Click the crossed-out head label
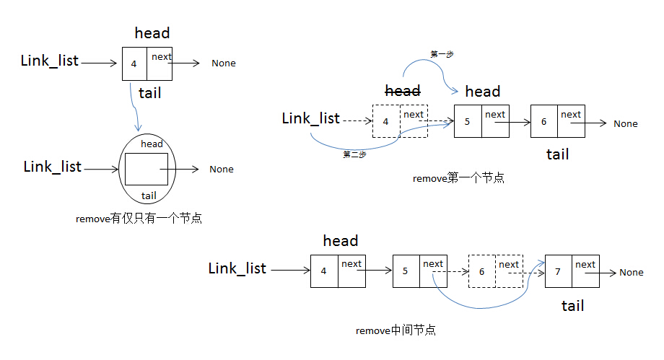(x=403, y=91)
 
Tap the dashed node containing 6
(x=495, y=271)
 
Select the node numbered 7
(x=572, y=271)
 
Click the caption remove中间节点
(x=396, y=330)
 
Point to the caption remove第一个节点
(x=458, y=177)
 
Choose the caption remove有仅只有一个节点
(x=139, y=218)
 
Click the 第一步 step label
(x=442, y=54)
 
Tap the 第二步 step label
(x=354, y=154)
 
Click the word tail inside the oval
(x=149, y=196)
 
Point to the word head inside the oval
(x=152, y=144)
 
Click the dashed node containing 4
(x=400, y=121)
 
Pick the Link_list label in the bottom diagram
(x=237, y=268)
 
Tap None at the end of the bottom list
(x=631, y=272)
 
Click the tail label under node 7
(x=572, y=306)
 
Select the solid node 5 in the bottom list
(x=419, y=271)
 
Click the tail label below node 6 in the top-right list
(x=557, y=154)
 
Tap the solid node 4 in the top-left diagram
(x=147, y=64)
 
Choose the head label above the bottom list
(x=341, y=241)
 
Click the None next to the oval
(x=222, y=170)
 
